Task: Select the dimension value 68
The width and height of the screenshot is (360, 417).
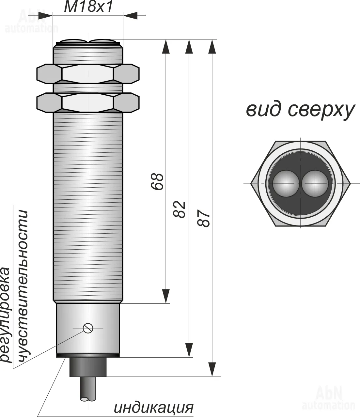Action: tap(157, 181)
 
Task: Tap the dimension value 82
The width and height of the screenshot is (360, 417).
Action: tap(179, 209)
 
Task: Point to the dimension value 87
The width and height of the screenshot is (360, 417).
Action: tap(204, 219)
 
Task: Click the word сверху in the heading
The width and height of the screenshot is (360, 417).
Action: tap(321, 111)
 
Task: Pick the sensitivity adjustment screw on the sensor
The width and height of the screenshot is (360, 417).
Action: tap(88, 329)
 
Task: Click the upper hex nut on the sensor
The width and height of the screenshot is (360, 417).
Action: tap(88, 74)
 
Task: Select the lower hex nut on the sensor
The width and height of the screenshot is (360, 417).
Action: tap(88, 102)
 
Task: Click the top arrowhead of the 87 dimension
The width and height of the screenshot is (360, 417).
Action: tap(212, 47)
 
